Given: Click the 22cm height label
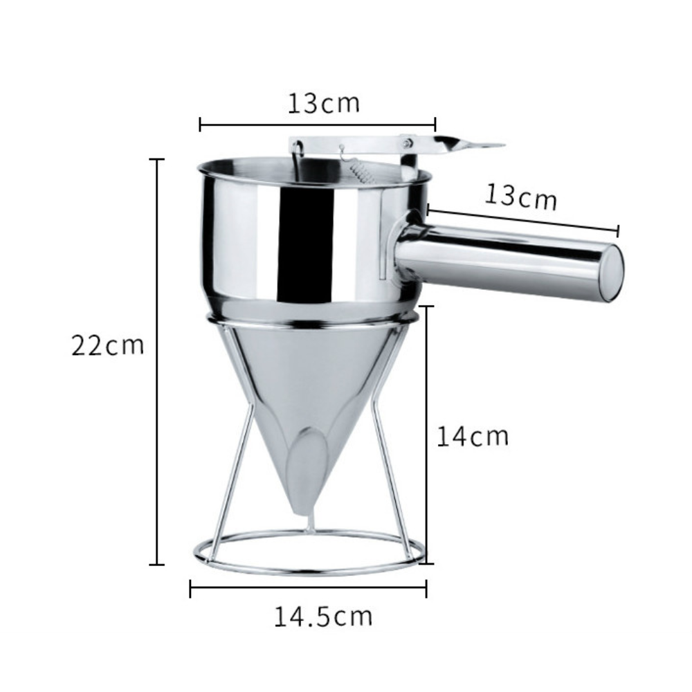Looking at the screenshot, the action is point(108,345).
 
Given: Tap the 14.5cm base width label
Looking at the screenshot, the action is point(323,617).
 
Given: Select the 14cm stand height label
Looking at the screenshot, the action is point(472,436).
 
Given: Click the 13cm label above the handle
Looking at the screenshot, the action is point(521,196).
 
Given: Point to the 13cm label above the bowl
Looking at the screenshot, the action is point(323,103).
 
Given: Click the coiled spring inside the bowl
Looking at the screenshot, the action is point(360,172).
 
